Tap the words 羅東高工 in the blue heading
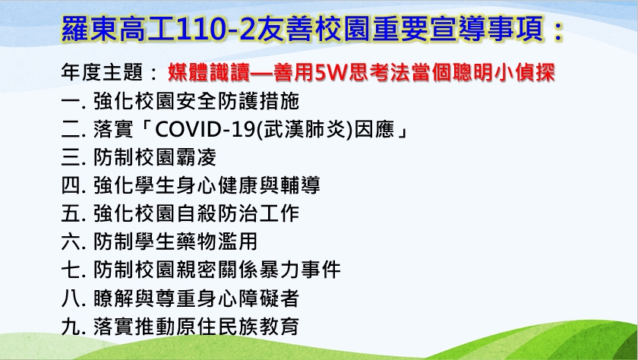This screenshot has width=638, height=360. coord(118,30)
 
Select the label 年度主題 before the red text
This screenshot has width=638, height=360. coord(102,72)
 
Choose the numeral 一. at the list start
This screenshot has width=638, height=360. coord(73,101)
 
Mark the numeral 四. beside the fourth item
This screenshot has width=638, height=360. coord(73,185)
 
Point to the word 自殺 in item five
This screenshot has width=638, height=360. coord(196,213)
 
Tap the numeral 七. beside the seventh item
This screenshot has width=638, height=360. coord(73,270)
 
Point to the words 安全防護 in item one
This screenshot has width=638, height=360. coord(217,101)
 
